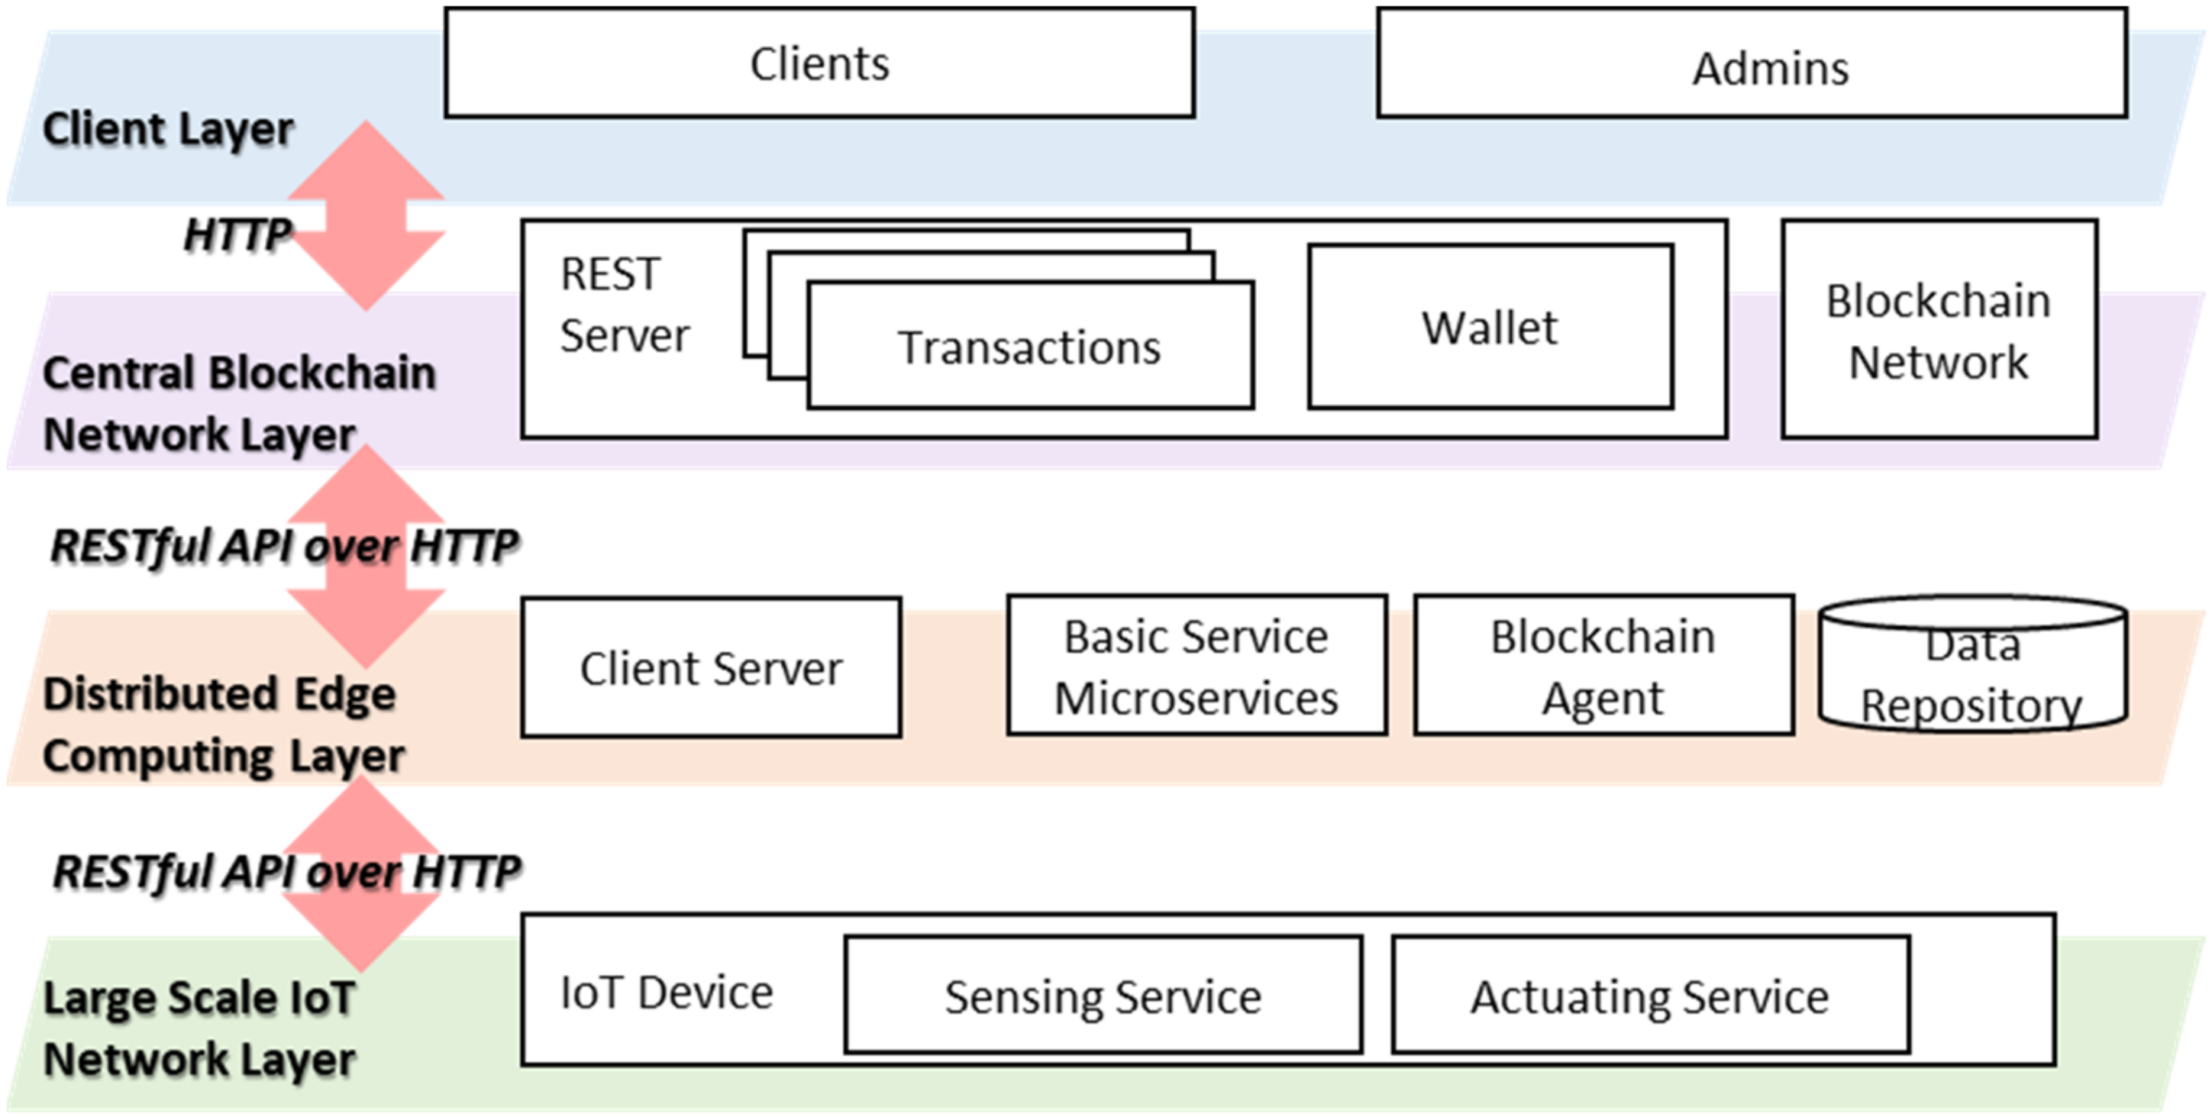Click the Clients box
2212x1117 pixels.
point(819,63)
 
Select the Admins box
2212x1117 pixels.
point(1752,64)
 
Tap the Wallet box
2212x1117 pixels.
point(1490,327)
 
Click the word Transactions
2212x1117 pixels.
point(1028,347)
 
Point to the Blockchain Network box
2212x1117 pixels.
point(1939,330)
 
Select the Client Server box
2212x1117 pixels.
point(711,668)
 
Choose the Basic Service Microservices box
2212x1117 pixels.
point(1196,667)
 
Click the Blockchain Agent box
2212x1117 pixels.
point(1603,667)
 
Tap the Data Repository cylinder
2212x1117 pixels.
point(1971,674)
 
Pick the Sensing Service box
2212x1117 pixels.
point(1103,996)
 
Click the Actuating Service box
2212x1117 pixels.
point(1649,996)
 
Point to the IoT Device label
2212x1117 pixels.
point(667,993)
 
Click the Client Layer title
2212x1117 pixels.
point(168,130)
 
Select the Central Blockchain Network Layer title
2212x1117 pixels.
point(239,404)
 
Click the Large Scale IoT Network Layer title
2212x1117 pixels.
point(199,1028)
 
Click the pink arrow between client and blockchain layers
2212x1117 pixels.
point(367,215)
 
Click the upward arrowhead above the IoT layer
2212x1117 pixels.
point(363,815)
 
